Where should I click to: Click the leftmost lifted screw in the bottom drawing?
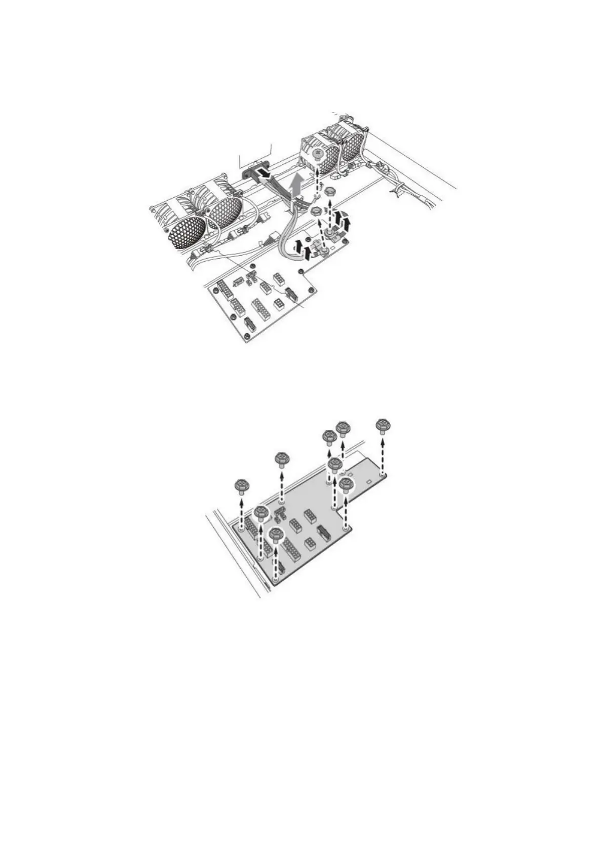(x=242, y=486)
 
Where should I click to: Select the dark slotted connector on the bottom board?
(x=321, y=533)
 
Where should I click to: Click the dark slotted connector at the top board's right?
(x=290, y=293)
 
